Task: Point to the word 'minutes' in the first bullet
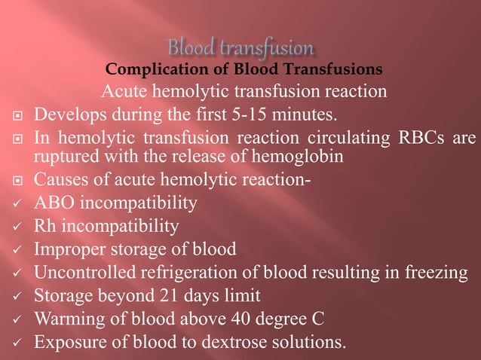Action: (305, 115)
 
